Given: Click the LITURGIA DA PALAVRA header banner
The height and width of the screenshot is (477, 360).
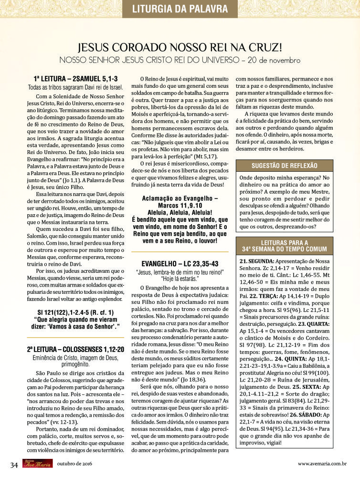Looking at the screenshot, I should coord(179,9).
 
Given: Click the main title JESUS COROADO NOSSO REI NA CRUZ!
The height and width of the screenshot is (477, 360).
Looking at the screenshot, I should coord(180,47).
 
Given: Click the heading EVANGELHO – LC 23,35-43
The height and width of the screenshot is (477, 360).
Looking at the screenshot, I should coord(180,264).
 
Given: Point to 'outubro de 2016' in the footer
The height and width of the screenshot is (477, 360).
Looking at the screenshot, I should coord(75,463).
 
